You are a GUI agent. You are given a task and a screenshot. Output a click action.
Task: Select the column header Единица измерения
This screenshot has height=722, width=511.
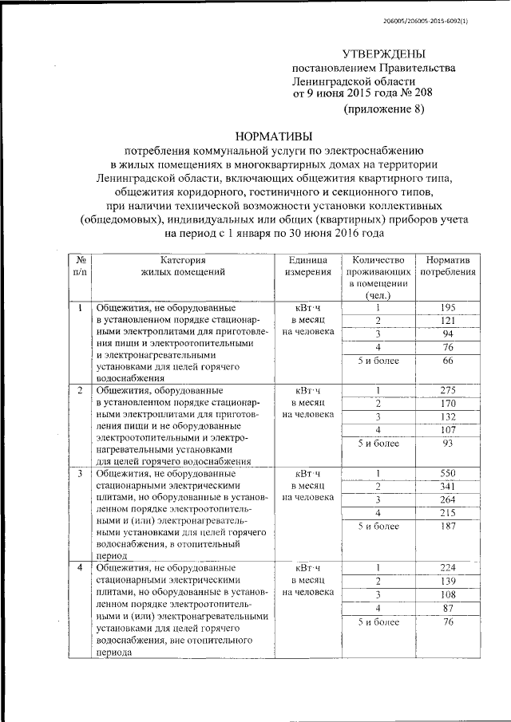click(x=303, y=266)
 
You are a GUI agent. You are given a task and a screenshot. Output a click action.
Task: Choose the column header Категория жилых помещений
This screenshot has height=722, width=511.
click(x=182, y=266)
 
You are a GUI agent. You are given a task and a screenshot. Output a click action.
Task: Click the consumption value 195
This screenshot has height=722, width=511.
click(x=448, y=308)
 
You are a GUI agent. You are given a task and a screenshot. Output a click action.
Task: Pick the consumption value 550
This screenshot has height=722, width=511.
click(x=448, y=474)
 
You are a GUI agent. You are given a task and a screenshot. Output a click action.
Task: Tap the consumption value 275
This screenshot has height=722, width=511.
click(x=448, y=390)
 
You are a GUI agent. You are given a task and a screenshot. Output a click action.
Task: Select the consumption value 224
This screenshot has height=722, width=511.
click(x=448, y=568)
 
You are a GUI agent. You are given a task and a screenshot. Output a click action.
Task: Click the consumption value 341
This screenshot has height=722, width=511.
click(x=448, y=487)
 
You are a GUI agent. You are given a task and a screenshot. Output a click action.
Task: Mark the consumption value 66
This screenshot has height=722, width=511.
click(x=448, y=361)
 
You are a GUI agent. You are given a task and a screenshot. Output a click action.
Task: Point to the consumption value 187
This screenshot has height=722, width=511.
click(x=448, y=527)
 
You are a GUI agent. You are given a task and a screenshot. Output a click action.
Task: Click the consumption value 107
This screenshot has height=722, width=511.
click(x=448, y=430)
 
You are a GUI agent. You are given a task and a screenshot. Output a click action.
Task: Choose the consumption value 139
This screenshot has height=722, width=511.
click(x=448, y=582)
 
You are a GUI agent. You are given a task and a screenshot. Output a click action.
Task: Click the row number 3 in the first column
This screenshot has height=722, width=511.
click(x=80, y=474)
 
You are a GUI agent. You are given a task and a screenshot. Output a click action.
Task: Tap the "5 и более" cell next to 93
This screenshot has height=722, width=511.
click(x=377, y=444)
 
